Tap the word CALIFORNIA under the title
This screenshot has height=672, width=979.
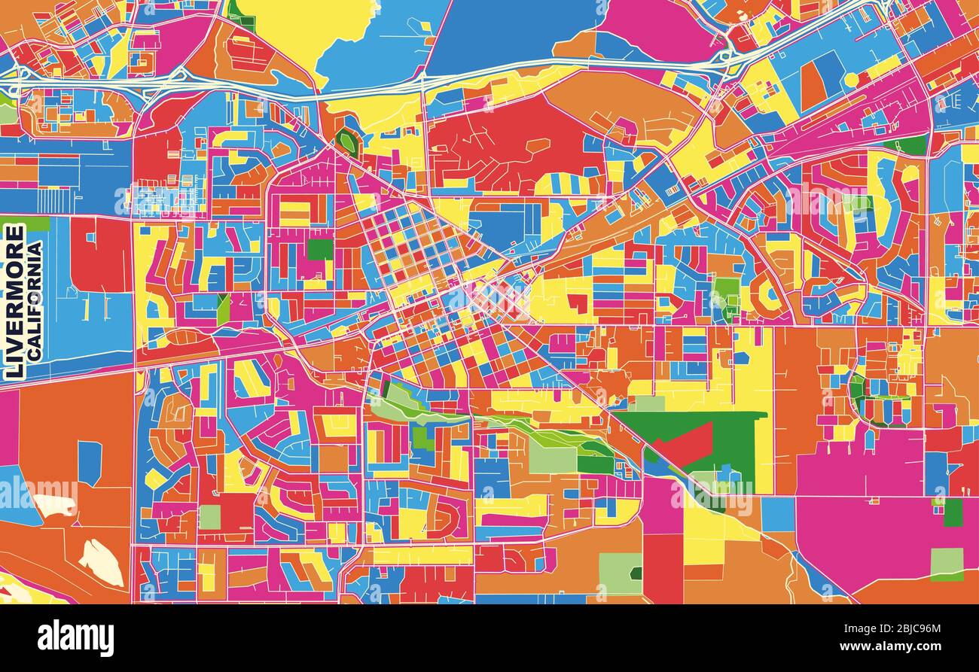[x=35, y=300]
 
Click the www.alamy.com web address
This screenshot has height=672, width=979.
[x=893, y=646]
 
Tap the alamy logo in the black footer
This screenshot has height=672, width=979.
[x=75, y=638]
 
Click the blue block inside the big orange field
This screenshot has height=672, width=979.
[x=89, y=463]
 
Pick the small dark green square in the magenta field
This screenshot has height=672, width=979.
[x=953, y=512]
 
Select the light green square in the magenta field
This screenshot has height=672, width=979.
[x=946, y=564]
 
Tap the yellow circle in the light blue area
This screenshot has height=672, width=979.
[x=851, y=79]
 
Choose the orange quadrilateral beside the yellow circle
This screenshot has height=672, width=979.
[x=813, y=85]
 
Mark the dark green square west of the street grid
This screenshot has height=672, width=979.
[x=319, y=249]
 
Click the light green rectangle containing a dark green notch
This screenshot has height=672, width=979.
[x=620, y=573]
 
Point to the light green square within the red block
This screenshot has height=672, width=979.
[x=210, y=516]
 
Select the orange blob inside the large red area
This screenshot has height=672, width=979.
[x=537, y=145]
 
